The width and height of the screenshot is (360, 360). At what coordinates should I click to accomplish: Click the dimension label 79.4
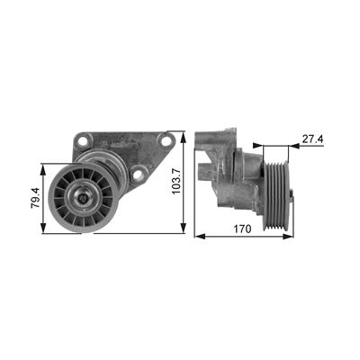click(x=35, y=198)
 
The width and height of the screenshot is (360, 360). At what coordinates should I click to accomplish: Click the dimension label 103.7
click(x=176, y=180)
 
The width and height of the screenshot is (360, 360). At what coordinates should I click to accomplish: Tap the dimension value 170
click(x=242, y=229)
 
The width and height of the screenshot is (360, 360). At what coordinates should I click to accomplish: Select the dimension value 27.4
click(x=312, y=139)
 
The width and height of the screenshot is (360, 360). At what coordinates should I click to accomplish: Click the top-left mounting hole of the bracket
click(x=83, y=140)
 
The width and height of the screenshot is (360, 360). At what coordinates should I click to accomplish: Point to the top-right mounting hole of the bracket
click(x=166, y=140)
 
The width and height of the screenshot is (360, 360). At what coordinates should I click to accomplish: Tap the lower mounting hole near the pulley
click(x=139, y=175)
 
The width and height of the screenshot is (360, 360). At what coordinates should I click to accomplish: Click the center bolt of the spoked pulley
click(x=83, y=198)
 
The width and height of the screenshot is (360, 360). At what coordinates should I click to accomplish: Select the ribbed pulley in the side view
click(x=275, y=196)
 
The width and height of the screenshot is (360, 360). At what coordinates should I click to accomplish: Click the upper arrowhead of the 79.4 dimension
click(x=44, y=168)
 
